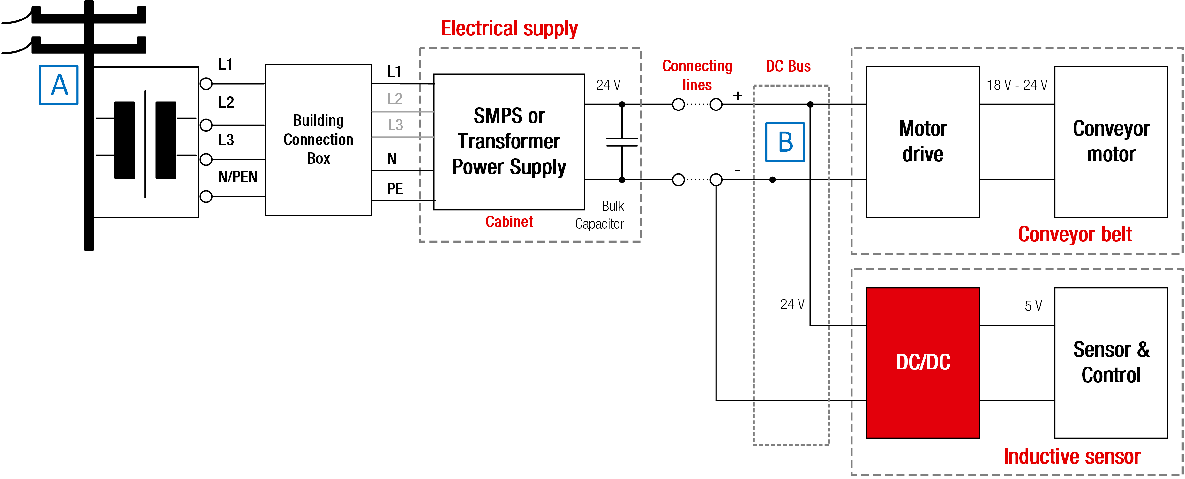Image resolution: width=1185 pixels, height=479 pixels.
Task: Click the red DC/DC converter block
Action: pyautogui.click(x=922, y=362)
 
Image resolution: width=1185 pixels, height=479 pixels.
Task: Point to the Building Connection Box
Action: pyautogui.click(x=318, y=140)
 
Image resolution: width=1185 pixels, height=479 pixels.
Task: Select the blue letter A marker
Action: pyautogui.click(x=58, y=85)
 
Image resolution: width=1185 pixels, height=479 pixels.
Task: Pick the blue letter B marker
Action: pyautogui.click(x=785, y=142)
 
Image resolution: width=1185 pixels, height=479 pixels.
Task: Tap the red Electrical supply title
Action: pyautogui.click(x=509, y=28)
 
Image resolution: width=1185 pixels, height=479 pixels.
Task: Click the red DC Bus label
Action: pyautogui.click(x=788, y=66)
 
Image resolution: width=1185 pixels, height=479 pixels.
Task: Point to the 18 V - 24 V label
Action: pyautogui.click(x=1016, y=85)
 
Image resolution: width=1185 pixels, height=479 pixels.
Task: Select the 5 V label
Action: pyautogui.click(x=1033, y=306)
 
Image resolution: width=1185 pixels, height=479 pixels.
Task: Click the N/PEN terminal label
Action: pyautogui.click(x=237, y=177)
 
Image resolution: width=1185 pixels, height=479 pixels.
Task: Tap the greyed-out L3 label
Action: pyautogui.click(x=395, y=125)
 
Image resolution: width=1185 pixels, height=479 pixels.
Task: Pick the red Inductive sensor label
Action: pyautogui.click(x=1071, y=456)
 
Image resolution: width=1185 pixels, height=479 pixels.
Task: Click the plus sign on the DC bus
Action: pyautogui.click(x=738, y=96)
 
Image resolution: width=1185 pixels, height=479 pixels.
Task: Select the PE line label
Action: pyautogui.click(x=395, y=189)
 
